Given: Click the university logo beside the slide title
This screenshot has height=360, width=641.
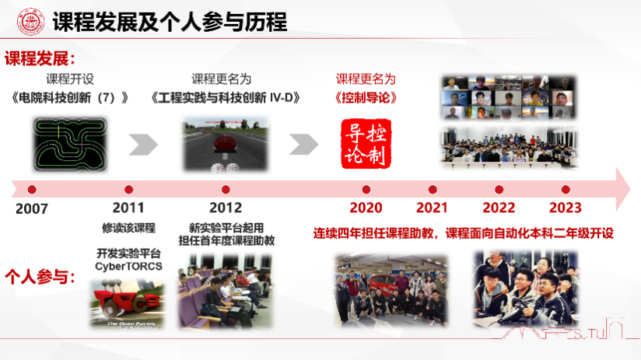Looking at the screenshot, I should click(30, 22).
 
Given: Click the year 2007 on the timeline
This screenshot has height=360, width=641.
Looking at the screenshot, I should click(32, 209).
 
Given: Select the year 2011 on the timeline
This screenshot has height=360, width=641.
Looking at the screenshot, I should click(128, 208).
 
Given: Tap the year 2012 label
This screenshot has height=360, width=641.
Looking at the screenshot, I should click(226, 208).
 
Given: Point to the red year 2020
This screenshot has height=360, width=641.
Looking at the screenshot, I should click(366, 208).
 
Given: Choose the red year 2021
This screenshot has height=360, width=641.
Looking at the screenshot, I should click(432, 208).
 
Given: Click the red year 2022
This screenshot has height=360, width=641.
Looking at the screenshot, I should click(499, 208).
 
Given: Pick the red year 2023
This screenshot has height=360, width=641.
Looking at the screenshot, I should click(566, 208).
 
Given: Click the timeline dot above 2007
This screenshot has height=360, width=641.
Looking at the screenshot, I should click(32, 189).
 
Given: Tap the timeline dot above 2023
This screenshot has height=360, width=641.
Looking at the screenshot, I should click(566, 189).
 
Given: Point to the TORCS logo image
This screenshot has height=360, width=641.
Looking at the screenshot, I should click(127, 300).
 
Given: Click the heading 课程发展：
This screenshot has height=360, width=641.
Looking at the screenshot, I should click(40, 59).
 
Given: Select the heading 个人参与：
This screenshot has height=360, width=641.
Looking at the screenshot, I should click(40, 276).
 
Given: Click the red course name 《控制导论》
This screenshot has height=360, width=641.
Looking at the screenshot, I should click(365, 98).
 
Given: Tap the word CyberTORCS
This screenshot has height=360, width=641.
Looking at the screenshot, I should click(128, 266).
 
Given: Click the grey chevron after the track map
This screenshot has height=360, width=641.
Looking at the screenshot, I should click(143, 144).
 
